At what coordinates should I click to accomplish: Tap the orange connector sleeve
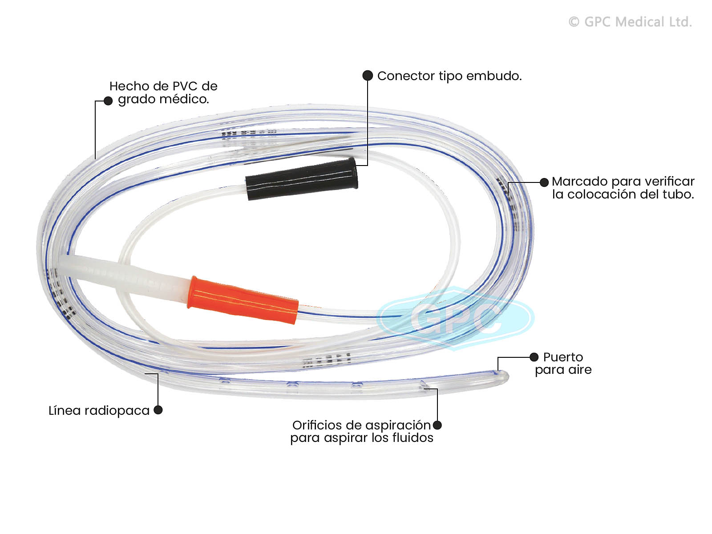[x=243, y=299]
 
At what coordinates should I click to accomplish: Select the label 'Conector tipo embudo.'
[x=449, y=76]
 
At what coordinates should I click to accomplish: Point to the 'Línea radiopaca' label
[x=99, y=410]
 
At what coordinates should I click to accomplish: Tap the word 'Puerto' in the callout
[x=563, y=357]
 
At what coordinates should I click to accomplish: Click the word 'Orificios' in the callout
[x=318, y=425]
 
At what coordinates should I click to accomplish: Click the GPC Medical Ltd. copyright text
[x=630, y=22]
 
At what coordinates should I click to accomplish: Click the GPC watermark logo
[x=455, y=317]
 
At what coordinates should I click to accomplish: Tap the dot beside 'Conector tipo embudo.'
[x=368, y=76]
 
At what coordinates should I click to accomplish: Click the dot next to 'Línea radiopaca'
[x=158, y=410]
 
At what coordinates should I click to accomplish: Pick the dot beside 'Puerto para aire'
[x=534, y=357]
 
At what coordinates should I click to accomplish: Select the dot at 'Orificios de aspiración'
[x=437, y=425]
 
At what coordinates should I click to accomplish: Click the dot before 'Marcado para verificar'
[x=544, y=182]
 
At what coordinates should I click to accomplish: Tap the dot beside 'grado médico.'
[x=108, y=101]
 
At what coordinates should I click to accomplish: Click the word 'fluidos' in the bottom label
[x=413, y=438]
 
